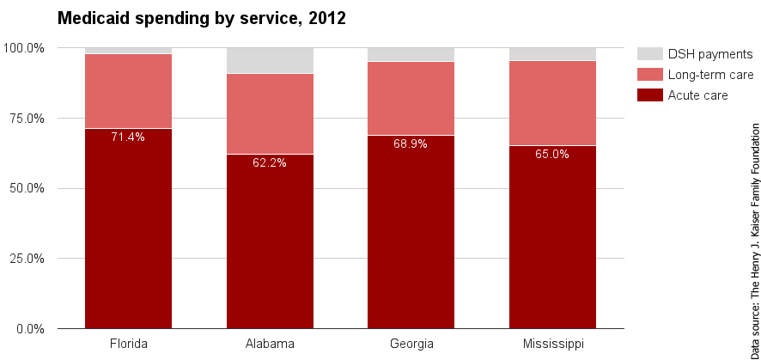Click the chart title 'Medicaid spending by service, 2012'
point(201,18)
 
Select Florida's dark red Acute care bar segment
point(128,232)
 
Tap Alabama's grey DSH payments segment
point(270,60)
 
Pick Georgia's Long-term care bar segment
point(411,98)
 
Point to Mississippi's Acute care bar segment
point(552,241)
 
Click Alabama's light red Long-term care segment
point(270,113)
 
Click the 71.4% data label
point(128,137)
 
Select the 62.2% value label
point(270,162)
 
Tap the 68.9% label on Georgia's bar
point(411,143)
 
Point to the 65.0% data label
point(552,155)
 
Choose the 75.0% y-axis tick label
point(27,118)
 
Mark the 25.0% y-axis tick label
point(27,259)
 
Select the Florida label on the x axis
point(128,345)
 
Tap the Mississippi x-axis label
point(552,345)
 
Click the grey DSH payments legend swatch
point(649,54)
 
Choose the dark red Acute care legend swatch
point(649,95)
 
